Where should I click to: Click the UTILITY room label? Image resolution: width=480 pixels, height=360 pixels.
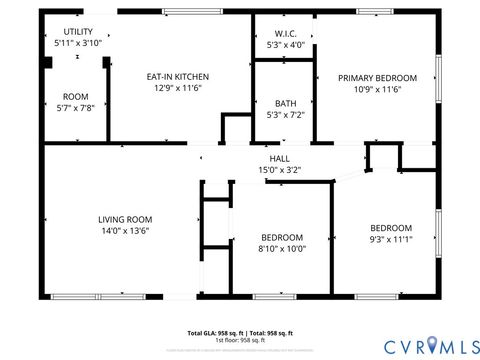pyautogui.click(x=77, y=32)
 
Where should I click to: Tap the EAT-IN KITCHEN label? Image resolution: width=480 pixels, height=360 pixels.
pyautogui.click(x=178, y=76)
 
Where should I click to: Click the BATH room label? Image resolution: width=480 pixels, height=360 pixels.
pyautogui.click(x=284, y=103)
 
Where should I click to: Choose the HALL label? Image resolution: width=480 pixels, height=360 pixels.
pyautogui.click(x=279, y=158)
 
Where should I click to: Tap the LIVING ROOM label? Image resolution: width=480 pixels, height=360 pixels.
pyautogui.click(x=124, y=219)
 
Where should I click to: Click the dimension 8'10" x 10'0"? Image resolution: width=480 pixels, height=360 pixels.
pyautogui.click(x=282, y=248)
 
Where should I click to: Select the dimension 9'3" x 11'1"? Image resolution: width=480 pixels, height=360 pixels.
pyautogui.click(x=390, y=240)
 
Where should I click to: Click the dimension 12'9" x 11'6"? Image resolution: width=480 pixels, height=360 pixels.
pyautogui.click(x=178, y=89)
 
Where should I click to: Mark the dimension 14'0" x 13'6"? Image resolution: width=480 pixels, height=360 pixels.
pyautogui.click(x=124, y=231)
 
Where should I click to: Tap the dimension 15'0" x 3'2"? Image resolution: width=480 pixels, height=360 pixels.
pyautogui.click(x=279, y=170)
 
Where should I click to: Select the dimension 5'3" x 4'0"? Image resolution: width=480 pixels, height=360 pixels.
pyautogui.click(x=284, y=44)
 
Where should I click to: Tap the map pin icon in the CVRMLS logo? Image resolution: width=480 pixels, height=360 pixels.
pyautogui.click(x=432, y=346)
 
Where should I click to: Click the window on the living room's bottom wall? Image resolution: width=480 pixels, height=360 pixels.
pyautogui.click(x=82, y=296)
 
